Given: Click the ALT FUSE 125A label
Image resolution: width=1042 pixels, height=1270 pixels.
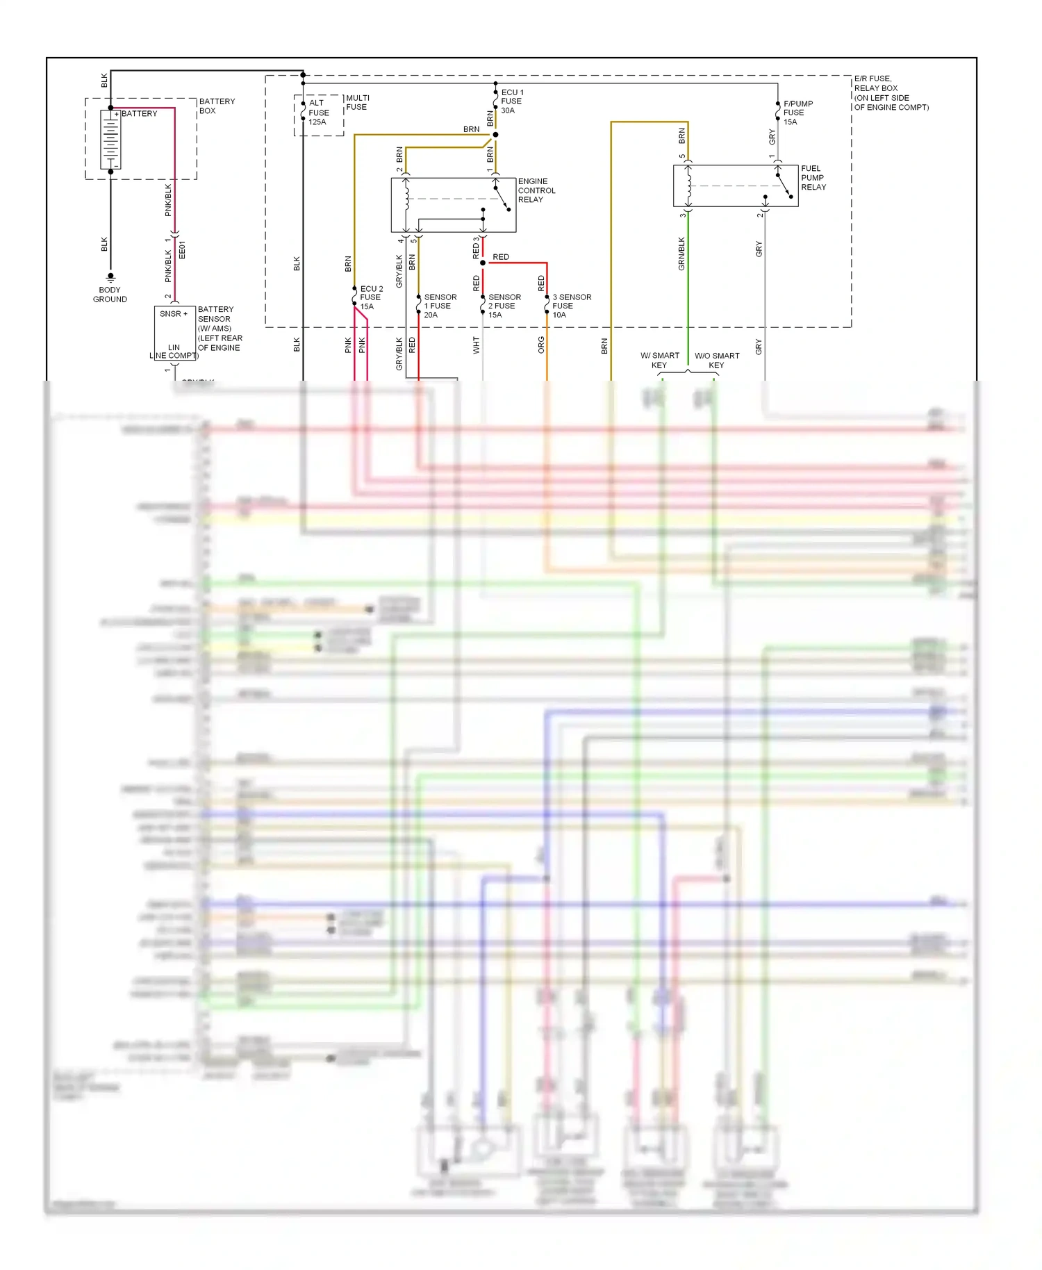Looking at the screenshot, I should (318, 113).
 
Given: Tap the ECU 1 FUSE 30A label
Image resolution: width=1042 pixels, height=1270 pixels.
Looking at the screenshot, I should (512, 101).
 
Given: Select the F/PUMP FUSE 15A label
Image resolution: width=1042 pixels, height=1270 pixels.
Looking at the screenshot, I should (797, 113).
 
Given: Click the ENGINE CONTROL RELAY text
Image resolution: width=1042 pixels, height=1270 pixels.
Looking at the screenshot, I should (536, 190).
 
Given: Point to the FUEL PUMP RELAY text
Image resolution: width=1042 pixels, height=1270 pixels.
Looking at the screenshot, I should (813, 178).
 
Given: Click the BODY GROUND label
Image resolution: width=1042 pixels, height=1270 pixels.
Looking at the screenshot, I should (110, 295).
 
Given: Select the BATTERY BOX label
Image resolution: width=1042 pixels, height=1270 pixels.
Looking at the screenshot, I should (217, 106).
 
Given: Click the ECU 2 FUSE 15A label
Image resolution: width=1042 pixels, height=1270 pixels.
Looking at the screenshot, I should (371, 297).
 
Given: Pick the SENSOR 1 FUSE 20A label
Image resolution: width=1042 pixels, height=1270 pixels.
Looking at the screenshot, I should (440, 306).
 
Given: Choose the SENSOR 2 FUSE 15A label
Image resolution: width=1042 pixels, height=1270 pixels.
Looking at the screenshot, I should (504, 306).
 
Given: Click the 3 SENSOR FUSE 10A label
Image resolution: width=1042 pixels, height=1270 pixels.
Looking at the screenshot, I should (571, 306).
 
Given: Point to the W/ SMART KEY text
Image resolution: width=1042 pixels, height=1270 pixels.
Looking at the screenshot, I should (659, 360).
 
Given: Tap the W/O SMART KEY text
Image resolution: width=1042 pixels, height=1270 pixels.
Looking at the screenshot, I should (717, 360).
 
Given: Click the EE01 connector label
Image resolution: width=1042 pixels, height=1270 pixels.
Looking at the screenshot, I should (182, 250).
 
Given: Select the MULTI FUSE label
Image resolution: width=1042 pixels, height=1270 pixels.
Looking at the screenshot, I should (357, 102).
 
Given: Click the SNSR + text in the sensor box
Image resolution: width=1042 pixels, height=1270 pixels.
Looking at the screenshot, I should (173, 314).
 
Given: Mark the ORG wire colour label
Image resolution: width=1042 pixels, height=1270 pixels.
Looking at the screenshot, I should (541, 345).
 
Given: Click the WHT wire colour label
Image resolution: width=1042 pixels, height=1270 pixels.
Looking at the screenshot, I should (477, 345).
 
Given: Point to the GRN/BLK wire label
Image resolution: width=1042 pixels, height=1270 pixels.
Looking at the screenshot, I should (681, 254).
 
